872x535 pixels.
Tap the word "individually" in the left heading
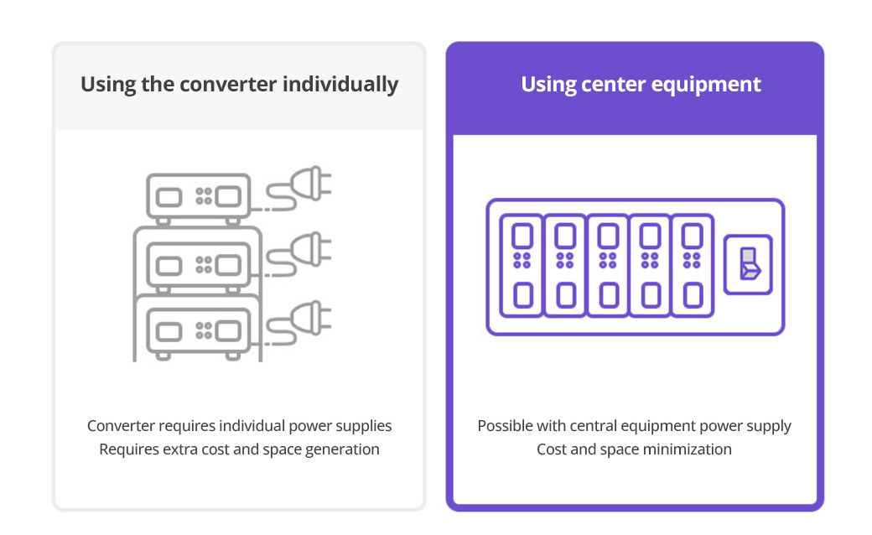pyautogui.click(x=340, y=85)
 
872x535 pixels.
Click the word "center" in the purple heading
pyautogui.click(x=614, y=85)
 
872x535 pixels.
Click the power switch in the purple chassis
pyautogui.click(x=748, y=264)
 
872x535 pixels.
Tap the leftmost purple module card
pyautogui.click(x=522, y=265)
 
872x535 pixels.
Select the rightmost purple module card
pyautogui.click(x=693, y=265)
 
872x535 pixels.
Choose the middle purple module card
pyautogui.click(x=608, y=265)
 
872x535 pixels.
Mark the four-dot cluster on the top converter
pyautogui.click(x=204, y=195)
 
